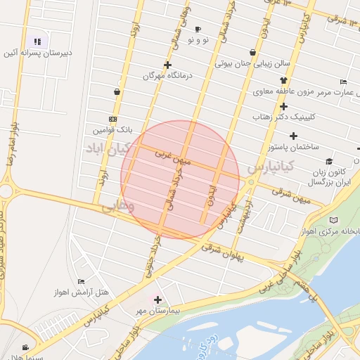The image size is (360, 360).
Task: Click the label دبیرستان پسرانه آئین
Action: tap(38, 53)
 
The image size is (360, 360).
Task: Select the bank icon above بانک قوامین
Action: tap(112, 119)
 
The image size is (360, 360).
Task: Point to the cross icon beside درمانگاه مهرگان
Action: tap(148, 75)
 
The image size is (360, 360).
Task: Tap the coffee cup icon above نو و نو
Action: tap(198, 29)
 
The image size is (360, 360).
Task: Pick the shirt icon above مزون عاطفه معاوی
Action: tap(252, 52)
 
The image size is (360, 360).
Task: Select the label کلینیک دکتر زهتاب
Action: tap(283, 118)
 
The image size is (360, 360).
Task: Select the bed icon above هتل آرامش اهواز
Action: tap(82, 281)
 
